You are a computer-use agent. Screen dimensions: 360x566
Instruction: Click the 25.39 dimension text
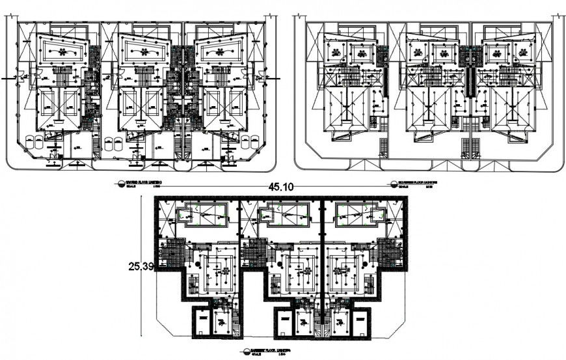pyautogui.click(x=141, y=266)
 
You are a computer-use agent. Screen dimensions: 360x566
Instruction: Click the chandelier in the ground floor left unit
pyautogui.click(x=61, y=51)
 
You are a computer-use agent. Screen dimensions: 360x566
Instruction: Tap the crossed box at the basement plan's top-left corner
pyautogui.click(x=165, y=211)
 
